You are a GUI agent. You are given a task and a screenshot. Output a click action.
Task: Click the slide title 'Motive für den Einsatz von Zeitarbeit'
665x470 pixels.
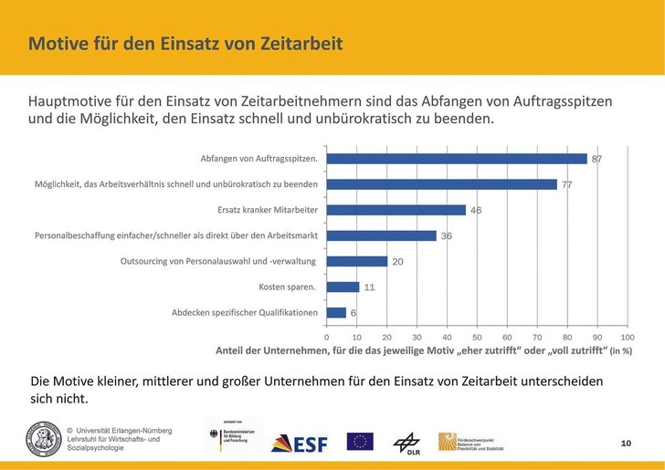(x=185, y=44)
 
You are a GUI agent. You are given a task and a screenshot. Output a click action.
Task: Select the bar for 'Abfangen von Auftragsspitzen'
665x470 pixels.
(x=457, y=159)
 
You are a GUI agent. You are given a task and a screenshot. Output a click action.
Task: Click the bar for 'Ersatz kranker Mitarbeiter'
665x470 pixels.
(x=396, y=210)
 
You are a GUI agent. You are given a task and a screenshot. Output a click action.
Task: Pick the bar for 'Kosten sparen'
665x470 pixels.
(x=343, y=287)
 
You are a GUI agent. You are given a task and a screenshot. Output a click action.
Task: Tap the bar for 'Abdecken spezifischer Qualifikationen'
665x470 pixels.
(x=335, y=312)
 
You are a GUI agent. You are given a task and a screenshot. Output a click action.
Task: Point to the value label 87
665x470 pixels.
(x=596, y=159)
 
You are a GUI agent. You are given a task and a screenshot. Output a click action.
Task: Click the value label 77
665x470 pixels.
(x=566, y=184)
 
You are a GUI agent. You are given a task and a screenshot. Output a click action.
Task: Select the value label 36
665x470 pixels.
(x=446, y=235)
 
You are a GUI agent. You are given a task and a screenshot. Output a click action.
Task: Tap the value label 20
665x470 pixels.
(x=397, y=261)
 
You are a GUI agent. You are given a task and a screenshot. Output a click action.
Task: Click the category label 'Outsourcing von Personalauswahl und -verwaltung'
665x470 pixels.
(x=217, y=261)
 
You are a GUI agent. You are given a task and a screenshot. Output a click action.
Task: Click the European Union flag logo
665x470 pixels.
(x=360, y=441)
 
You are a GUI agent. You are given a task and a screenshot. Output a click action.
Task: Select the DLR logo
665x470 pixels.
(x=406, y=442)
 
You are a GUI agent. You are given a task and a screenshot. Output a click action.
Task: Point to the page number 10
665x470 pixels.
(x=626, y=443)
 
